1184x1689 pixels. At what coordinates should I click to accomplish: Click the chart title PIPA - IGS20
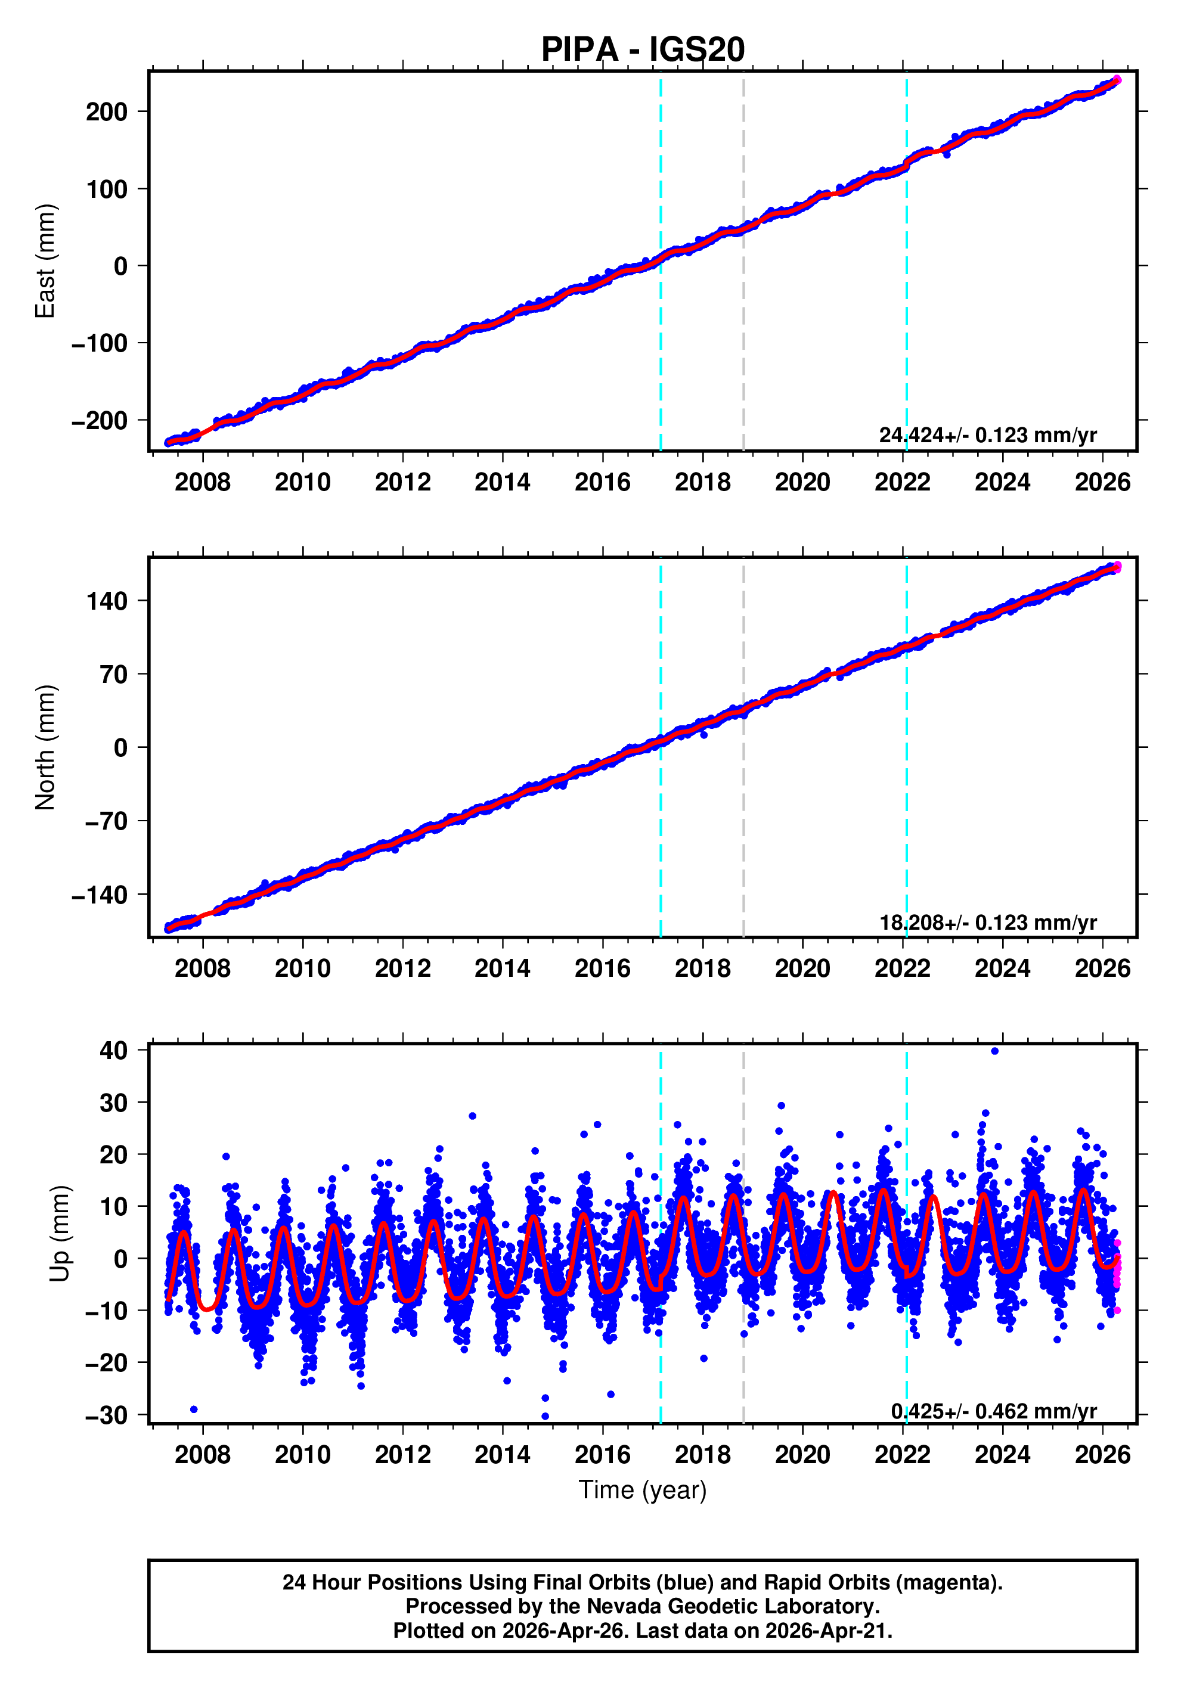click(643, 49)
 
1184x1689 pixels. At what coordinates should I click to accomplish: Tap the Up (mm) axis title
click(60, 1234)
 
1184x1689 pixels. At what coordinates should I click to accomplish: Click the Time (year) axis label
click(643, 1489)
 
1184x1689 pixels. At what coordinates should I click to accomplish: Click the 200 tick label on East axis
click(107, 112)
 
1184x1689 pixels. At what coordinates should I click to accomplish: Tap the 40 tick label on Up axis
click(114, 1051)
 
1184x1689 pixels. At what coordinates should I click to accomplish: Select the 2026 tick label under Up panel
click(1102, 1454)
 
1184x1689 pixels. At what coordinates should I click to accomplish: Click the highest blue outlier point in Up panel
click(995, 1051)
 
